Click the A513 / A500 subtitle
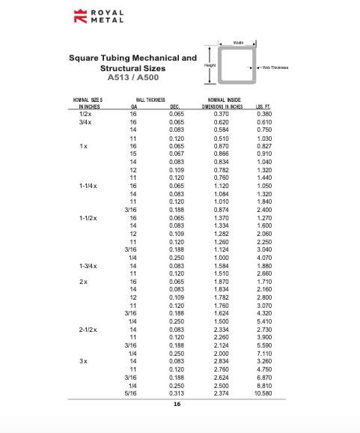pos(133,77)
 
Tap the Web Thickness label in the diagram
pos(275,68)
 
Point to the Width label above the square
pos(238,43)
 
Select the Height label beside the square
pos(210,66)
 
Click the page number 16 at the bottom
pos(177,404)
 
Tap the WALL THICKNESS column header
pos(150,100)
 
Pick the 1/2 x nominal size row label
pos(85,113)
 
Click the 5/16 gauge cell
pos(131,393)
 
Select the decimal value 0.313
pos(177,393)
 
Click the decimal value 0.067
pos(177,154)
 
